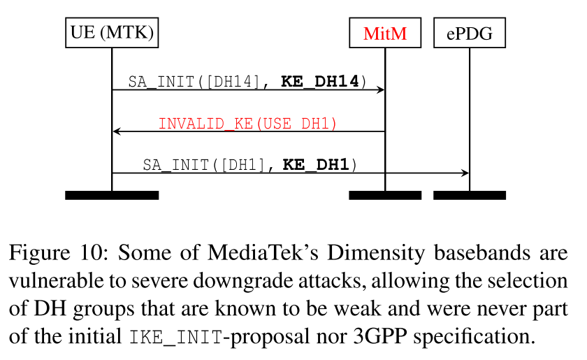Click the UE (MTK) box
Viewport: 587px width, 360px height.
coord(111,32)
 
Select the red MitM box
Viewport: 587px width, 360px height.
coord(385,32)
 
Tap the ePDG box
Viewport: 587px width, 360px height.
coord(469,32)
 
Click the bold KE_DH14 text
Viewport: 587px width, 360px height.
coord(320,82)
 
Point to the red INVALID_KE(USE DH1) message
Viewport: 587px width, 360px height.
coord(247,124)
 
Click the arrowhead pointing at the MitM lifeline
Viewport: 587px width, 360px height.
coord(380,90)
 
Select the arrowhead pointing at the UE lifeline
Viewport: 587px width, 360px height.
coord(117,131)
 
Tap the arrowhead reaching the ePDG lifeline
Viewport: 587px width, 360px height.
coord(464,173)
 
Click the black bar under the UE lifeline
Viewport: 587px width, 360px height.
coord(111,195)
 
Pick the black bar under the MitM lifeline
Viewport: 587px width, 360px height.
coord(385,195)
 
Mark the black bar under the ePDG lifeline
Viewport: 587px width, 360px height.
coord(469,195)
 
